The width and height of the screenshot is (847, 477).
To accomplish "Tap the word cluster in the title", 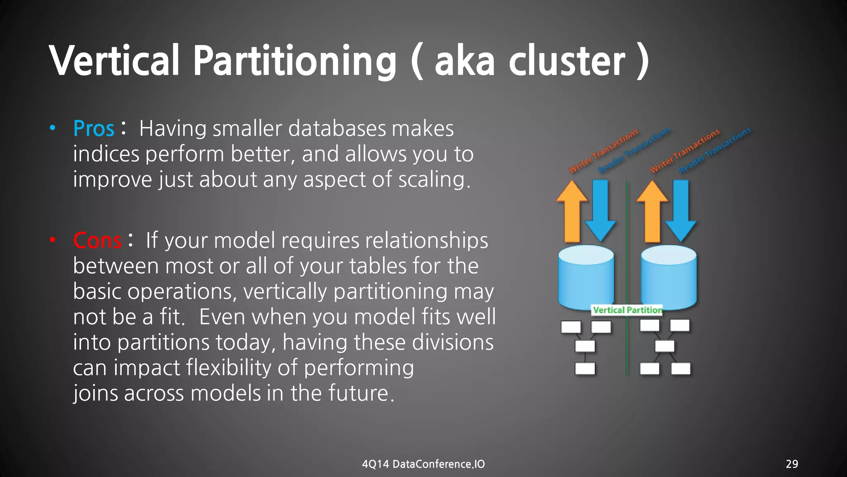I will [x=567, y=61].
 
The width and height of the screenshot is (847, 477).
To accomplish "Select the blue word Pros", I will [x=93, y=128].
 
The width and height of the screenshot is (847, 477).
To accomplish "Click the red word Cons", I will [x=97, y=241].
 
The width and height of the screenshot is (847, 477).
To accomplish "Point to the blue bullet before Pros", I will [x=53, y=128].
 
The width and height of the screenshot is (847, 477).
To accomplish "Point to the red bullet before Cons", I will [x=53, y=240].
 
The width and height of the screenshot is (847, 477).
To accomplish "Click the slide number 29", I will [x=792, y=464].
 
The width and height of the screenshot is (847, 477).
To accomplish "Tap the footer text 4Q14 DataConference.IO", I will [x=423, y=464].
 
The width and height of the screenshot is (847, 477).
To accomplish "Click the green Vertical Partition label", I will [x=627, y=310].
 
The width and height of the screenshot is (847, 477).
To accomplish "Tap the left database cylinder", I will [x=586, y=277].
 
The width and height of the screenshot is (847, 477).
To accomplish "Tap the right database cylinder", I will [x=668, y=277].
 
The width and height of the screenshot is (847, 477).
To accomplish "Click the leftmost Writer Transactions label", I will [x=603, y=151].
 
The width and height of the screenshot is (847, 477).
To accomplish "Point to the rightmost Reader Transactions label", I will [x=714, y=150].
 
